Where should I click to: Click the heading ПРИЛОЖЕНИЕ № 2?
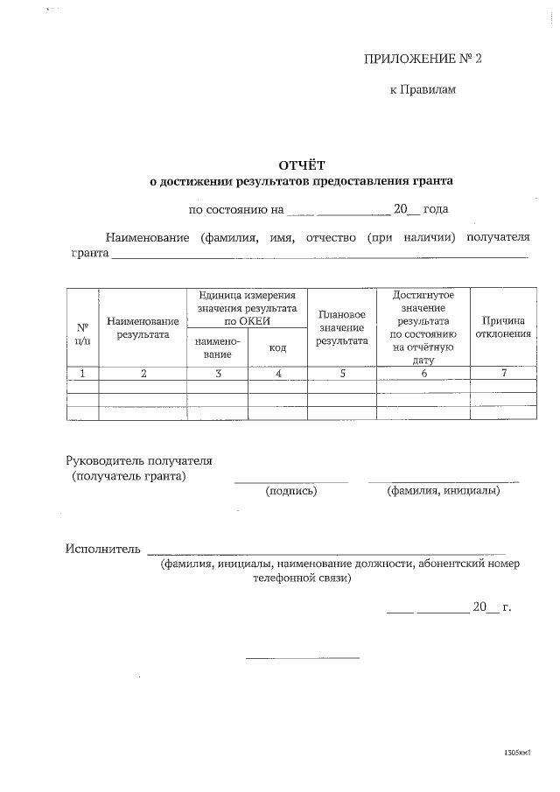point(422,59)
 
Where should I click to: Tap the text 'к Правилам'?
point(423,89)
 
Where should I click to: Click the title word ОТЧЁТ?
point(301,165)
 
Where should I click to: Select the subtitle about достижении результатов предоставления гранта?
point(301,181)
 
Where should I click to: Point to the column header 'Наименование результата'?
point(143,328)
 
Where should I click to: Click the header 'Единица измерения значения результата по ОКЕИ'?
point(248,309)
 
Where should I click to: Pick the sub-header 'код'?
point(277,348)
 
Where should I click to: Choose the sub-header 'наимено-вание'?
point(217,348)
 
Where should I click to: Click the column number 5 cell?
point(342,374)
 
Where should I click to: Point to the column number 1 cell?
point(82,374)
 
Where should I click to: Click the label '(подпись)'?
point(290,492)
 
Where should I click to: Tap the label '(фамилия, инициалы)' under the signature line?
point(443,492)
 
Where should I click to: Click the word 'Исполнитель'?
point(102,549)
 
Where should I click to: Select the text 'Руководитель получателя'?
point(139,460)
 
